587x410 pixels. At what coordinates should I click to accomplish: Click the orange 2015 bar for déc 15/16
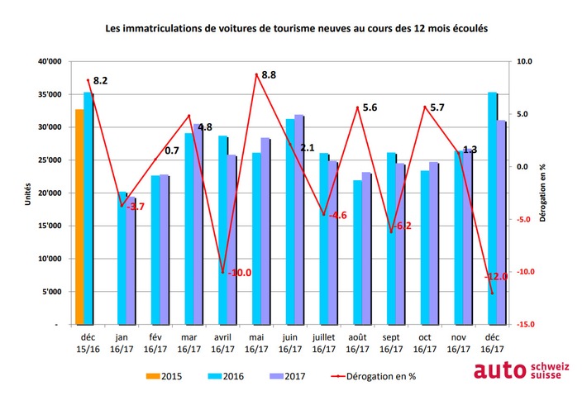(79, 217)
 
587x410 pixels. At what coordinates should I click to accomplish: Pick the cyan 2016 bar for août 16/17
(357, 252)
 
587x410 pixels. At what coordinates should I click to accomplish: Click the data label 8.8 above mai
(268, 75)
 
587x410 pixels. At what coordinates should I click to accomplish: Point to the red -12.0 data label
(497, 278)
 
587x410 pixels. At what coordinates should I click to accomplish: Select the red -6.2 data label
(403, 226)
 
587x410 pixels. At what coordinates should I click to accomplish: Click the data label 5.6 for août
(370, 108)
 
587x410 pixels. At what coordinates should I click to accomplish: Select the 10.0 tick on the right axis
(525, 62)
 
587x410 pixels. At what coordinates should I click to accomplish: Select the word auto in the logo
(499, 372)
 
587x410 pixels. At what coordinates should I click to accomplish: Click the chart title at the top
(297, 28)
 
